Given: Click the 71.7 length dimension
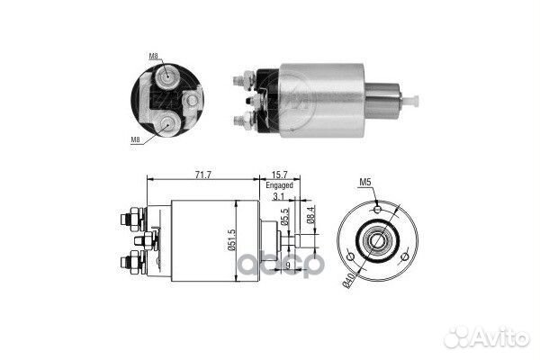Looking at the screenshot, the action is coord(202,175).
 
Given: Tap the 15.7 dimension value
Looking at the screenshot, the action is coord(279,175).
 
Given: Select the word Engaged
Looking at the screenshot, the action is coord(279,185).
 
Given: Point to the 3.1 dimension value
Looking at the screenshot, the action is coord(278,197).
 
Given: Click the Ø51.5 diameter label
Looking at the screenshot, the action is coord(231,240).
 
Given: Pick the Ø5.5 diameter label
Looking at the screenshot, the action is coord(284,217).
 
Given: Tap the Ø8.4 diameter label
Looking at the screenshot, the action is coord(310,215).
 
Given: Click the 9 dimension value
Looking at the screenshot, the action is coord(288,265).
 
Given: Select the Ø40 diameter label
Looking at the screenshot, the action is coord(348,280).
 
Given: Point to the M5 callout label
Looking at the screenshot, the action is coord(365,182).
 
